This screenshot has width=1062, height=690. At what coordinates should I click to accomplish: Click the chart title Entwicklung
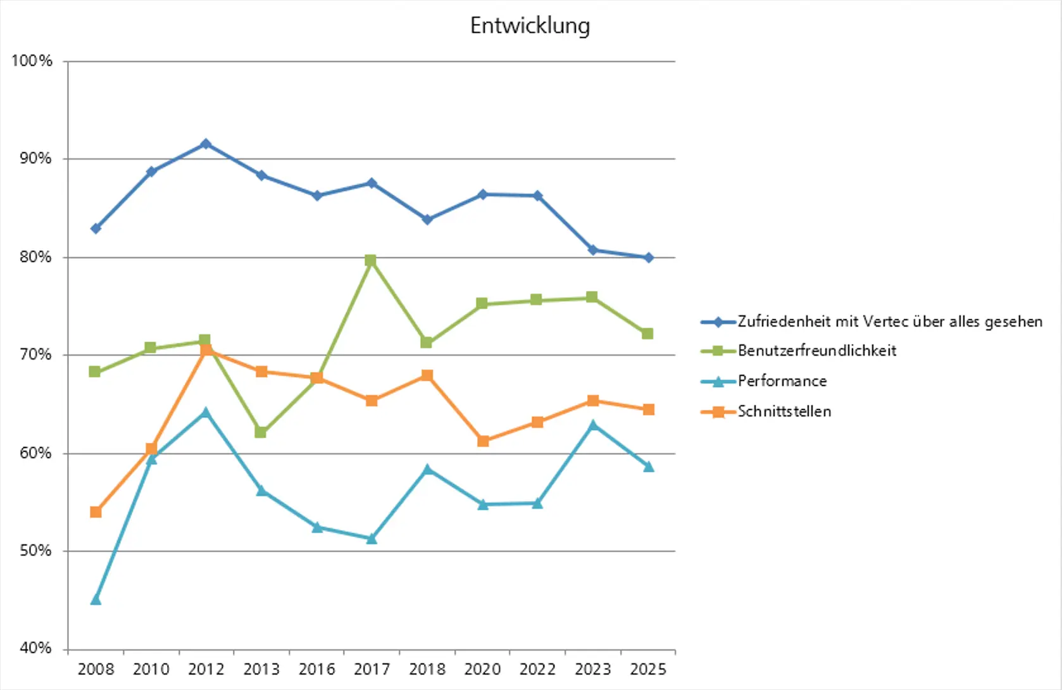(530, 25)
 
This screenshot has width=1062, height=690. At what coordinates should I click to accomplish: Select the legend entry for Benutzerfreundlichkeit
(816, 351)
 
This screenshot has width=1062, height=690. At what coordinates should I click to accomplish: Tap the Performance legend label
(782, 381)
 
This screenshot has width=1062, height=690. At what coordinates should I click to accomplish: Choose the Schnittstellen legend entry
(784, 411)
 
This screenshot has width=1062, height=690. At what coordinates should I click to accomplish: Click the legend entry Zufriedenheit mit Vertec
(889, 322)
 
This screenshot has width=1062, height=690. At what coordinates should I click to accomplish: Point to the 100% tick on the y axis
(32, 61)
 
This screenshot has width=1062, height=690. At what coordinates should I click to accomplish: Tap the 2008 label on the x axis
(96, 669)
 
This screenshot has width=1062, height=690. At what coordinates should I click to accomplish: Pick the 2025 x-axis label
(648, 669)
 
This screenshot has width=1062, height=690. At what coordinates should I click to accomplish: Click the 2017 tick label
(372, 669)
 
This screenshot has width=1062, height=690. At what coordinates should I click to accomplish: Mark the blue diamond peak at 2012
(206, 144)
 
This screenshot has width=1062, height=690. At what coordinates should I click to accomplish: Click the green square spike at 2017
(371, 260)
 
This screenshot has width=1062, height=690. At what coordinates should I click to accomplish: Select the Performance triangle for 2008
(96, 599)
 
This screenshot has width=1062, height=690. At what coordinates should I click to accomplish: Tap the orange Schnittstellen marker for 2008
(96, 512)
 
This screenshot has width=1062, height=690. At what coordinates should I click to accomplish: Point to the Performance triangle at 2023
(593, 425)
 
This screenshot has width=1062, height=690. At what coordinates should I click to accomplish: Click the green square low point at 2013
(260, 432)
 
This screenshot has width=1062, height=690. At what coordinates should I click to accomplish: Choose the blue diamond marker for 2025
(648, 258)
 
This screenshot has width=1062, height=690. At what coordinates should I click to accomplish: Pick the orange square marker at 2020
(483, 441)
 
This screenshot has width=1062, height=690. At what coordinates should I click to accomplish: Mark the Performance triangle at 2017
(372, 539)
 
